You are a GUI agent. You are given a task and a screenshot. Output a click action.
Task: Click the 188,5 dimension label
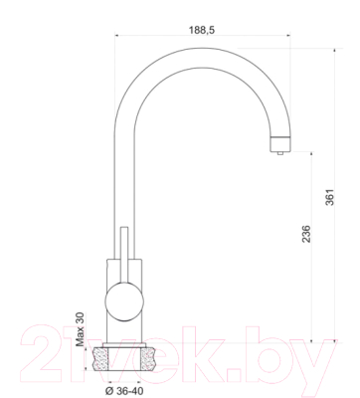tap(202, 30)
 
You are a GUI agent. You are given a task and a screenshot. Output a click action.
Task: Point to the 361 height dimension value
tap(330, 197)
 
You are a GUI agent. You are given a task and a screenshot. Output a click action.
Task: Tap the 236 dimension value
tap(306, 234)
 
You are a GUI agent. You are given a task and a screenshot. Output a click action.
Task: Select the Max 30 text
tap(81, 329)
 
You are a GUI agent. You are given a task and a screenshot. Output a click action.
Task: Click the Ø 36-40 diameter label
tap(124, 391)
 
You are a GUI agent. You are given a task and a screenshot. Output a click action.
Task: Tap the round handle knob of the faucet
tap(124, 301)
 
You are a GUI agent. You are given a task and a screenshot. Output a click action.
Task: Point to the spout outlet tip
tap(280, 144)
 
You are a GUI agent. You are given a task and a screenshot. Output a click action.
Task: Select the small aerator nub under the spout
tap(280, 153)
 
